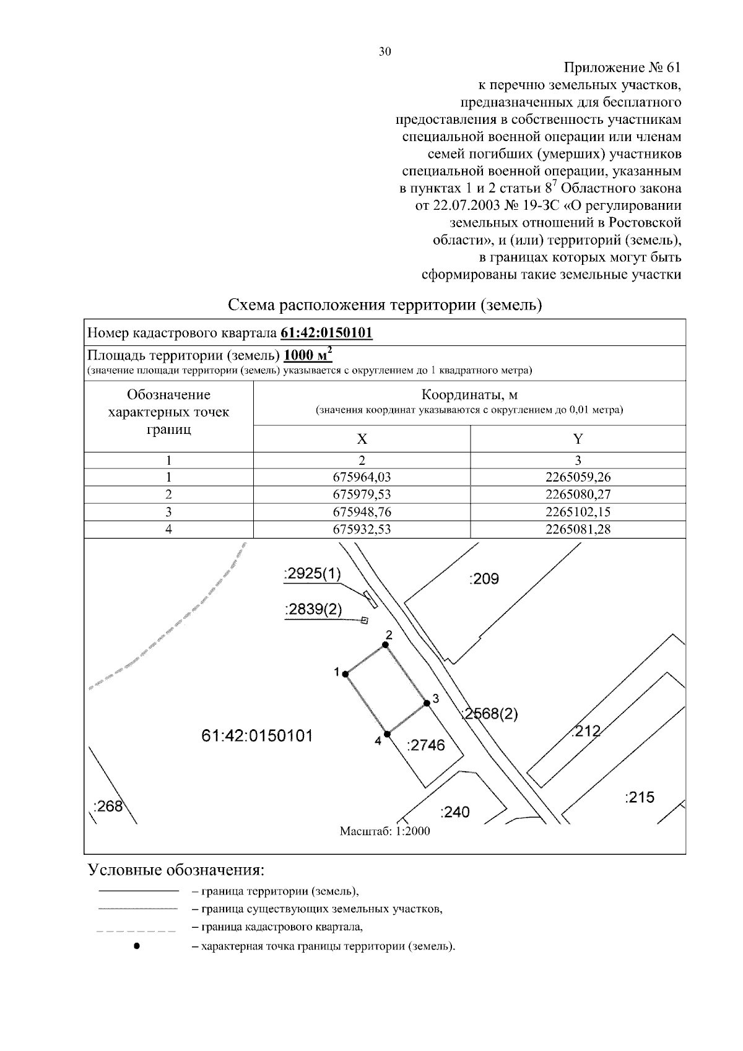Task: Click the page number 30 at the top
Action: [385, 52]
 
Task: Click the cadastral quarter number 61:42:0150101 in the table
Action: [326, 333]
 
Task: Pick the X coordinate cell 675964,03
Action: [362, 477]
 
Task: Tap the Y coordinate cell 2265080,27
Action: [578, 495]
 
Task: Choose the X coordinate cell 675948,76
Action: [362, 512]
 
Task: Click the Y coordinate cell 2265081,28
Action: [578, 529]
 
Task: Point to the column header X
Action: [362, 439]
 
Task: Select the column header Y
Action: [578, 439]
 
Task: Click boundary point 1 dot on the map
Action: [345, 673]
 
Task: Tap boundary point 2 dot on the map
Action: [385, 645]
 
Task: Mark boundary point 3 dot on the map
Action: [427, 703]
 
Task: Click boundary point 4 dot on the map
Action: [387, 734]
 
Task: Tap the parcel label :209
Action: [484, 579]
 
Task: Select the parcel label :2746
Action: [425, 745]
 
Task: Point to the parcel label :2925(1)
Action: [312, 574]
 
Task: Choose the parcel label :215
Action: [640, 797]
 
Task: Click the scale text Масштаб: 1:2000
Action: [385, 831]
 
